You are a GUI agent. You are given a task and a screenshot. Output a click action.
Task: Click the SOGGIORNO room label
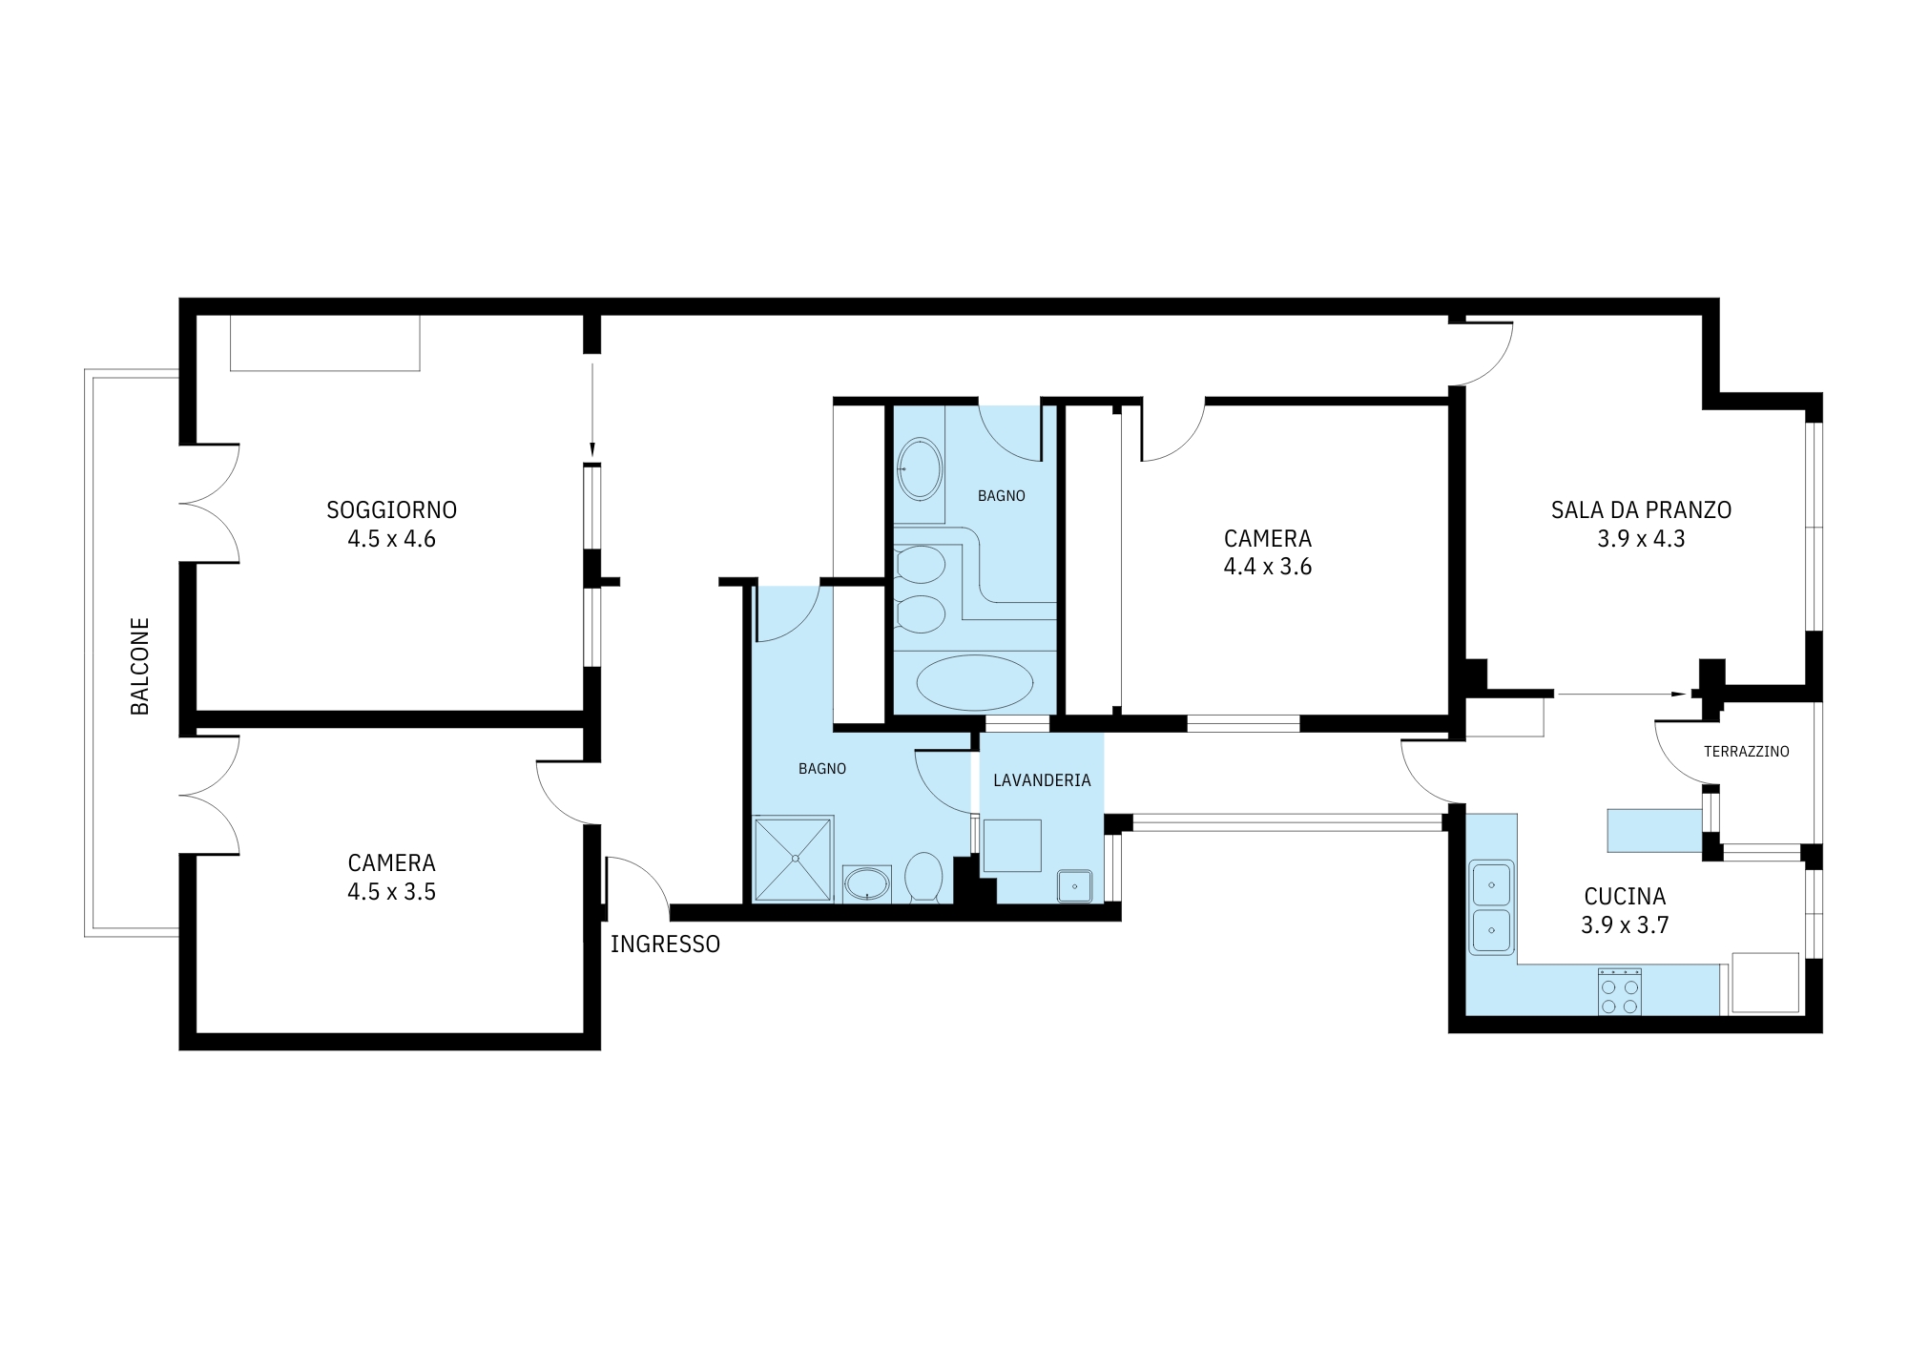(x=391, y=510)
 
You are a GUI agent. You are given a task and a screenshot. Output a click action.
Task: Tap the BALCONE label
(x=140, y=666)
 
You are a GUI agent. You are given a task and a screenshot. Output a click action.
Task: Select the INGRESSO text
(x=665, y=944)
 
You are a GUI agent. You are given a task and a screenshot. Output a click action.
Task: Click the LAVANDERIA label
(x=1042, y=780)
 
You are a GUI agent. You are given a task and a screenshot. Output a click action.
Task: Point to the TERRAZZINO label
(x=1747, y=752)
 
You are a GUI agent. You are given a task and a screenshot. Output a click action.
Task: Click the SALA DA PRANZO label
(x=1641, y=510)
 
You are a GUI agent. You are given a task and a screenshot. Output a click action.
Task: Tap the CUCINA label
(x=1625, y=897)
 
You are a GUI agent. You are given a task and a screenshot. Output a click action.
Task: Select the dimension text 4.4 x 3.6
(x=1268, y=567)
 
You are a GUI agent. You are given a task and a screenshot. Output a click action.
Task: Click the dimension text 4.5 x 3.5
(x=391, y=892)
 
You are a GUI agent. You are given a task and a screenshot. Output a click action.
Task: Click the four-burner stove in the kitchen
(x=1620, y=992)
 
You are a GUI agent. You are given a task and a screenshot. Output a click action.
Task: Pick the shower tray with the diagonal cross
(x=794, y=859)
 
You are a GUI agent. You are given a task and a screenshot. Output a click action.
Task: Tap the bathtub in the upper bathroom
(x=974, y=682)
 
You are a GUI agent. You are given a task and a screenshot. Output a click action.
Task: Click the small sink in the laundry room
(x=1074, y=886)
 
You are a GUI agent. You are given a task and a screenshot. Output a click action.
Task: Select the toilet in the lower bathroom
(x=923, y=876)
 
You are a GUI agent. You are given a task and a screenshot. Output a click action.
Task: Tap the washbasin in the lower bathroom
(x=867, y=883)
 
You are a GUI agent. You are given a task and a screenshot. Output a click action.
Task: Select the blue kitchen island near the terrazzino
(x=1655, y=830)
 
